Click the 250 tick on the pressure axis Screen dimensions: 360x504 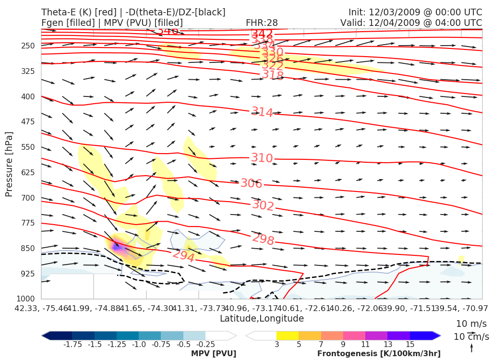tap(28, 46)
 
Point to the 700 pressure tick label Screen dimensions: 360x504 tap(28, 198)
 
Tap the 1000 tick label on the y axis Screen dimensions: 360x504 tap(26, 299)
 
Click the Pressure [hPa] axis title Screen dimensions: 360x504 tap(9, 163)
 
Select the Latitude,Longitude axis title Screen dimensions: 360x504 tap(262, 319)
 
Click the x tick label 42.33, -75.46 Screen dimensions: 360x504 tap(40, 308)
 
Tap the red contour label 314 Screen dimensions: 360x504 tap(262, 112)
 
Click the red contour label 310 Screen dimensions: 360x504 tap(262, 158)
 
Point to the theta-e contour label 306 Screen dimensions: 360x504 tap(251, 183)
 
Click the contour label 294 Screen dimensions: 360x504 tap(183, 256)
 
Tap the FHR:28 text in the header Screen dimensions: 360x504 tap(262, 23)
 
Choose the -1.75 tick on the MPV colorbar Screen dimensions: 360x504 tap(72, 345)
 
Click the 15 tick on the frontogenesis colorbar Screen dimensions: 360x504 tap(410, 345)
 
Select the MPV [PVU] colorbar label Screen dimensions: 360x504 tap(214, 354)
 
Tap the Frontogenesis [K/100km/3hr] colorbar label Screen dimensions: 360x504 tap(379, 354)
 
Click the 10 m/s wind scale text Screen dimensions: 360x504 tap(471, 324)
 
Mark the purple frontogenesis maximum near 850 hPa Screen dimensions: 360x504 tap(116, 246)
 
